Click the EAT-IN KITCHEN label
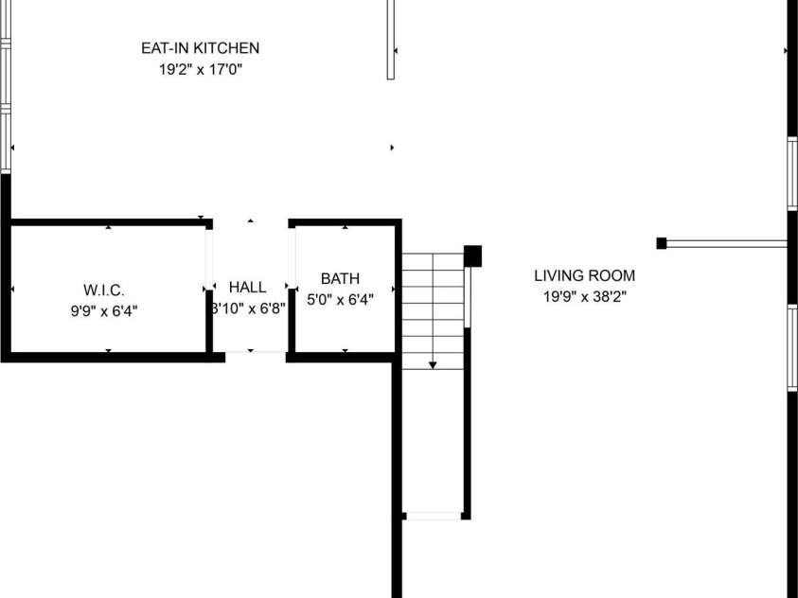point(200,48)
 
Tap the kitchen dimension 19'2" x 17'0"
point(200,69)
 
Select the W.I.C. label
point(104,289)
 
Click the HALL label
point(248,287)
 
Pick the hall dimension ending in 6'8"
point(248,308)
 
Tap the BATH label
point(340,278)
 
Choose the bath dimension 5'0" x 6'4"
point(341,300)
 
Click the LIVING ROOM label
point(584,276)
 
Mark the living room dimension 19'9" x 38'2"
point(584,296)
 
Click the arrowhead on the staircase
point(433,363)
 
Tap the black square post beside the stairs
point(473,255)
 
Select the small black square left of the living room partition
point(661,243)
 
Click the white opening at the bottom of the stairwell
point(433,516)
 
